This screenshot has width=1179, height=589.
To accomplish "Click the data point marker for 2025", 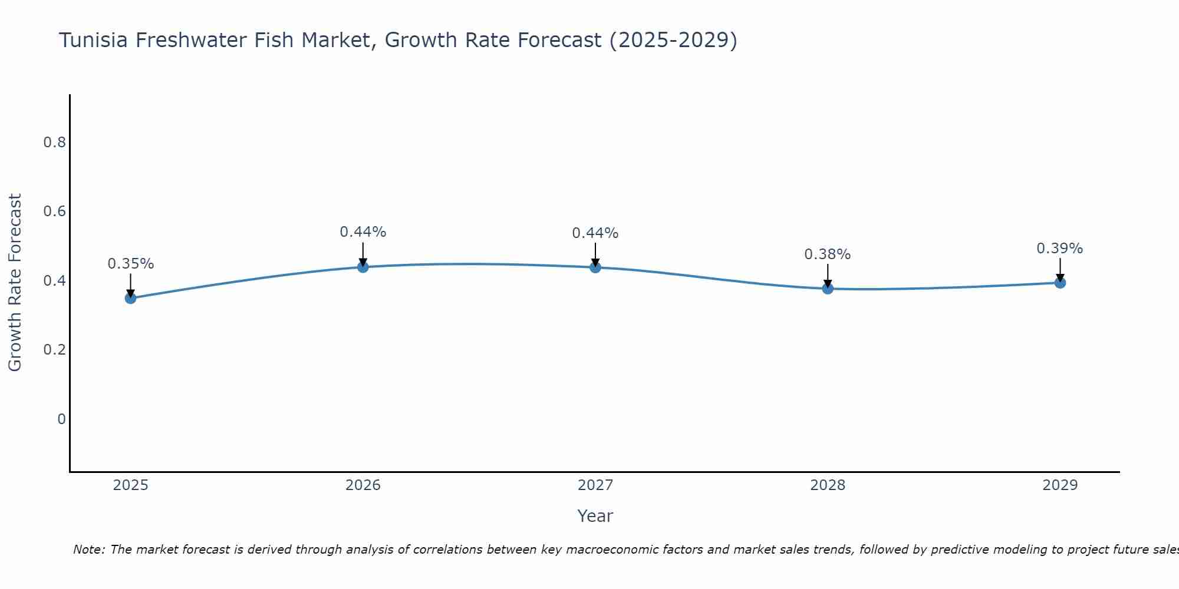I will tap(130, 298).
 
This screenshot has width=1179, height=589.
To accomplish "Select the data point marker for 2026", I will tap(363, 267).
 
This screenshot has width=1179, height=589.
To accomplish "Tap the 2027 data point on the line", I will tap(595, 267).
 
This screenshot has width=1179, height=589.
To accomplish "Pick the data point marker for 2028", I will tap(828, 288).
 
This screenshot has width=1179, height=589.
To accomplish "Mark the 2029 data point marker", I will tap(1060, 283).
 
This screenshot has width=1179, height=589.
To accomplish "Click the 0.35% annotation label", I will tap(130, 264).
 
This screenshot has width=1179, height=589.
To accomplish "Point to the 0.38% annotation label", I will tap(827, 254).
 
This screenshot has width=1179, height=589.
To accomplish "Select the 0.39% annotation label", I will tap(1059, 249).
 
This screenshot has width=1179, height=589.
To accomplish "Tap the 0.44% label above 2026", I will tap(363, 232).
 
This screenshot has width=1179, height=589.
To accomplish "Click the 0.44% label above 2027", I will tap(595, 233).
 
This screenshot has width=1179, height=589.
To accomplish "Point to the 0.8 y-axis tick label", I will tap(54, 143).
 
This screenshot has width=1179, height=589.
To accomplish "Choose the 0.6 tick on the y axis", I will tap(54, 211).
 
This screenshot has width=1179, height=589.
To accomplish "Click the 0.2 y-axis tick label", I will tap(54, 350).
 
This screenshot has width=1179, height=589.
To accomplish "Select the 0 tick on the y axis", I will tap(61, 419).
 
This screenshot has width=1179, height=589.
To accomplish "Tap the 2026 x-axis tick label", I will tap(363, 485).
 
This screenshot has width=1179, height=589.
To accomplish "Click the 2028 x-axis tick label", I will tap(828, 485).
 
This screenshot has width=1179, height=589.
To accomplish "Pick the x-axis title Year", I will tap(595, 516).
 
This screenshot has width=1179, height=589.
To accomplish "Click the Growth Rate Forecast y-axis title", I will tap(15, 282).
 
